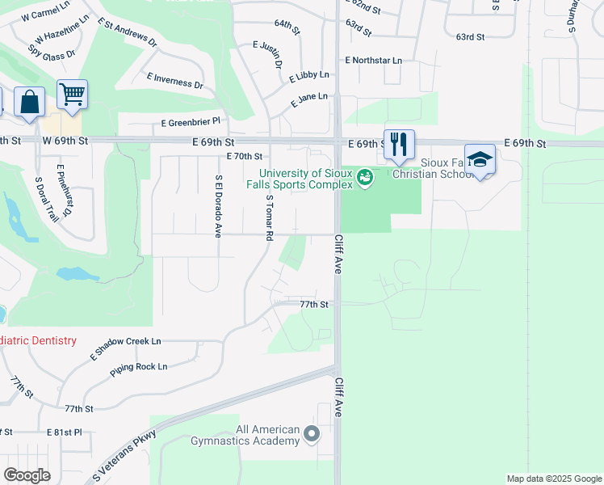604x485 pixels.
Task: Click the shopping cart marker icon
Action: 73,95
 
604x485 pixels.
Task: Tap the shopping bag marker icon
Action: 30,103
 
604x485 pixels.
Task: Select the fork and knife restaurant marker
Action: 399,145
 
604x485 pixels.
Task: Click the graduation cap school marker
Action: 480,158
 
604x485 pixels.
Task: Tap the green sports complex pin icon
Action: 365,175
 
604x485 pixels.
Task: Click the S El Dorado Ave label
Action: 218,206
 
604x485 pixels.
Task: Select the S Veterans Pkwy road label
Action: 124,458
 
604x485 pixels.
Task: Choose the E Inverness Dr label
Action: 174,79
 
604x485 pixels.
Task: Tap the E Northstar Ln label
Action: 373,60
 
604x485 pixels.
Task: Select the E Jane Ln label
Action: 308,100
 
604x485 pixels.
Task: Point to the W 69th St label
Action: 66,141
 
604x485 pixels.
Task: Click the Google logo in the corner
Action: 27,475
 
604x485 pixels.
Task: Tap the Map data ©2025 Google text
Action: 554,479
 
